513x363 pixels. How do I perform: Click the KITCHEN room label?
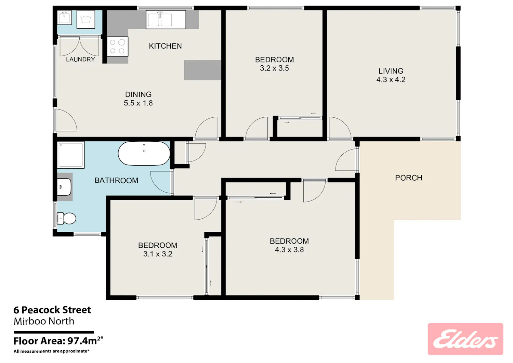(165, 46)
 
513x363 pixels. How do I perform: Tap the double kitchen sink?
(166, 20)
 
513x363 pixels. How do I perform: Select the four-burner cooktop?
(117, 47)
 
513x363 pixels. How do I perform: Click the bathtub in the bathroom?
(144, 153)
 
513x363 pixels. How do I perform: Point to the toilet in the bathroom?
(66, 218)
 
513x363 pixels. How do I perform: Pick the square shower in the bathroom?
(71, 155)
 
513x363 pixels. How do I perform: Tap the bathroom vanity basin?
(64, 187)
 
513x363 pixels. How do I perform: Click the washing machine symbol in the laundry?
(85, 20)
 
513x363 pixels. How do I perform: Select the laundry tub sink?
(64, 17)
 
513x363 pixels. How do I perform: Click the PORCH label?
(409, 178)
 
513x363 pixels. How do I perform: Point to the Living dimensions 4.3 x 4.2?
(391, 79)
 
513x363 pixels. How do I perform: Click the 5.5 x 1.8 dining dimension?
(138, 103)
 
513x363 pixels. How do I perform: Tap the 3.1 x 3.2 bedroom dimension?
(158, 254)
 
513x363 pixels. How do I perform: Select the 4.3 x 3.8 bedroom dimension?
(289, 249)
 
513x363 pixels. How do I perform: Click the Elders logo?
(465, 339)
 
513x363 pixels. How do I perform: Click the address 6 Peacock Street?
(52, 310)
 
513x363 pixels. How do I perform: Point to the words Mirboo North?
(44, 321)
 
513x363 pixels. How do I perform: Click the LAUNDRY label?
(80, 59)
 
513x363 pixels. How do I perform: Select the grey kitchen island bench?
(203, 70)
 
